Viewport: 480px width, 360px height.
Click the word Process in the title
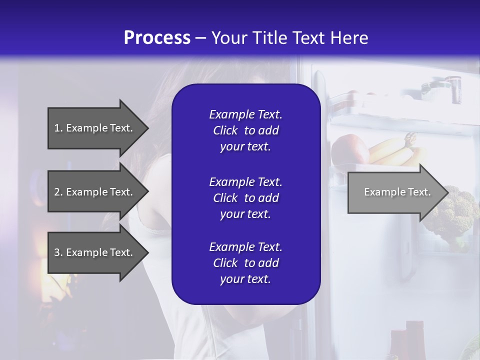point(157,38)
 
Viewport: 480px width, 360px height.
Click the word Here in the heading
point(348,38)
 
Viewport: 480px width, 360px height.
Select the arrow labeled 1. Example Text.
point(95,128)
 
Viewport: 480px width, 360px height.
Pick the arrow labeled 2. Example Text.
point(95,192)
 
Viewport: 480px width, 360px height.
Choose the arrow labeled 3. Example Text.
point(95,252)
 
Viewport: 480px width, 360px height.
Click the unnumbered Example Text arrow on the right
point(395,192)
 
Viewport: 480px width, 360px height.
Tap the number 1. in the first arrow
point(58,128)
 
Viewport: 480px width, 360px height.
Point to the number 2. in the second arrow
point(58,192)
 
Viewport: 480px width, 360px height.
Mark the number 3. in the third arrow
point(58,252)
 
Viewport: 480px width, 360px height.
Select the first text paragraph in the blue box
point(245,130)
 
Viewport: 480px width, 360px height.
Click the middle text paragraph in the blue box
point(245,197)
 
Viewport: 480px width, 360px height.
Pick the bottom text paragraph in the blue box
point(245,263)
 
